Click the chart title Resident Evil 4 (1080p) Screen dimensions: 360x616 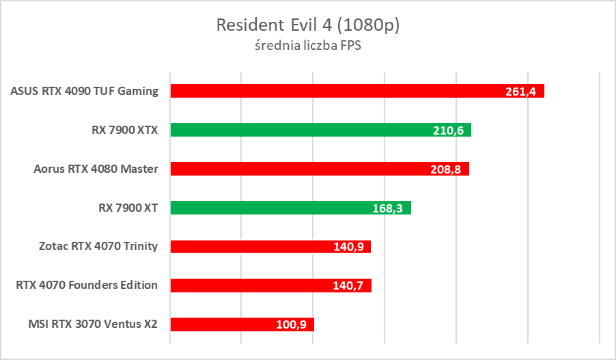click(307, 25)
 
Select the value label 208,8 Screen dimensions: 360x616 click(446, 169)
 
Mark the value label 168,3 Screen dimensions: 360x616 click(387, 208)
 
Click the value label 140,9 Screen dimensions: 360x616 click(348, 247)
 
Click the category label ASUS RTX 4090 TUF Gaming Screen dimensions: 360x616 click(85, 91)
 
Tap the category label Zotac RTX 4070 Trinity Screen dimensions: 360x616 click(99, 247)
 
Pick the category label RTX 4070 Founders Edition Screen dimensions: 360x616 click(87, 286)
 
